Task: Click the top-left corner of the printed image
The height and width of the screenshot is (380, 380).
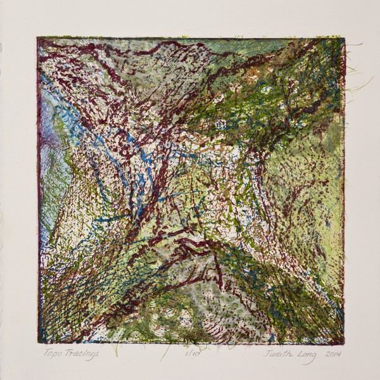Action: coord(37,37)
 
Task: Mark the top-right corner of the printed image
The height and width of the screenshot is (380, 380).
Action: coord(345,38)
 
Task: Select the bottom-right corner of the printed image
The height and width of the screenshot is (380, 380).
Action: coord(344,344)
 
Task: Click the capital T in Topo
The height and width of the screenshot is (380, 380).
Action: coord(46,355)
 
